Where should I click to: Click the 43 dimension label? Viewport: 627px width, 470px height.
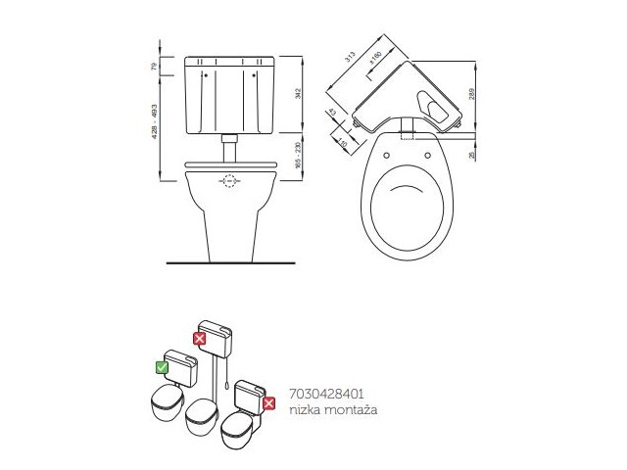(x=333, y=114)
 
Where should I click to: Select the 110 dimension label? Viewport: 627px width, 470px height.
(x=342, y=142)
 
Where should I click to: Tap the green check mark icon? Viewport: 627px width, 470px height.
(x=163, y=368)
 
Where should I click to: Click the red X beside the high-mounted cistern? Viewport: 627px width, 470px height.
(x=199, y=339)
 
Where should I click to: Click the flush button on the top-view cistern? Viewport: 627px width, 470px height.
(x=432, y=102)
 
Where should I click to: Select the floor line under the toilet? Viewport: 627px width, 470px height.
(x=230, y=262)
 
